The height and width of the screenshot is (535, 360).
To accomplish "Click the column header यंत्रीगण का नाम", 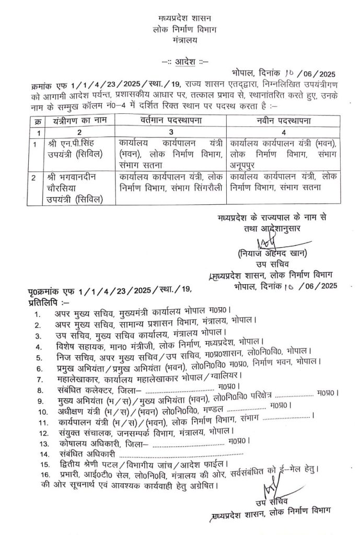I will coord(68,121).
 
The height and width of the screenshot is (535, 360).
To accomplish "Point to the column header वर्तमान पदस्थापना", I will coord(171,121).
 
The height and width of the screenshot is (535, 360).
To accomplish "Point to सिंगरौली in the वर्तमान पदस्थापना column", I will coord(207,187).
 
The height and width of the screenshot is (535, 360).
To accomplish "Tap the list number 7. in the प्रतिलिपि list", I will coord(37,377).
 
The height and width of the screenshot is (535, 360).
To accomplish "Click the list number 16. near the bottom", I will coord(37,473).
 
